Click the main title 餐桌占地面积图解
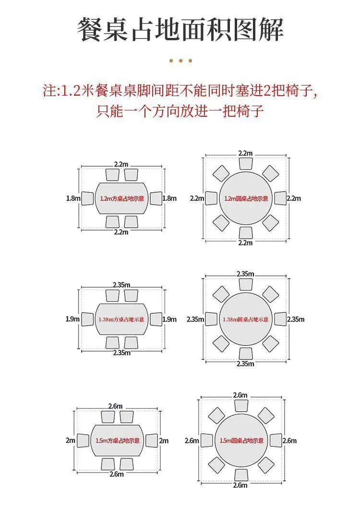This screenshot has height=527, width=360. pos(180,30)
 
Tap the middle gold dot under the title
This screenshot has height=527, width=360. pos(180,61)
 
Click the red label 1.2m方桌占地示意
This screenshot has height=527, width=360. pos(122,198)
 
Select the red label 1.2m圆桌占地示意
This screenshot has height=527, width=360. pos(246,198)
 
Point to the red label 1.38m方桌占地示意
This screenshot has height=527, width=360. pos(121,319)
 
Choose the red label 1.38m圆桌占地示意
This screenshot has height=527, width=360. pos(246,319)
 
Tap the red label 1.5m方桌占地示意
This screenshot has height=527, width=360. pos(118,441)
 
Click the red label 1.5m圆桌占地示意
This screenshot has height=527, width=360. pos(242,441)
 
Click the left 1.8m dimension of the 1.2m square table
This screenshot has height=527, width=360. pos(73,198)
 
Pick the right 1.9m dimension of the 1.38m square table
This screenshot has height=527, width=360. pos(169,319)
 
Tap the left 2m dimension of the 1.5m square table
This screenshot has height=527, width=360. pos(71,440)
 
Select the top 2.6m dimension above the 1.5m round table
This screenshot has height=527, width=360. pos(240,395)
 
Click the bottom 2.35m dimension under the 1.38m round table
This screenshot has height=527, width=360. pos(245,364)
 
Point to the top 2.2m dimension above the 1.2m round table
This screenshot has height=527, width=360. pos(245,153)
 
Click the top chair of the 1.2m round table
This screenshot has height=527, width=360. pos(246,163)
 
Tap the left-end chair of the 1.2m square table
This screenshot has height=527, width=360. pos(87,198)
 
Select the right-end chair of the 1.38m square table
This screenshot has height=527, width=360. pos(156,319)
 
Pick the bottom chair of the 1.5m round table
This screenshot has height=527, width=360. pos(241,475)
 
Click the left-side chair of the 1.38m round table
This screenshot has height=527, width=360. pos(211,319)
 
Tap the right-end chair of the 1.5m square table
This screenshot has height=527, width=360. pos(152,441)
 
